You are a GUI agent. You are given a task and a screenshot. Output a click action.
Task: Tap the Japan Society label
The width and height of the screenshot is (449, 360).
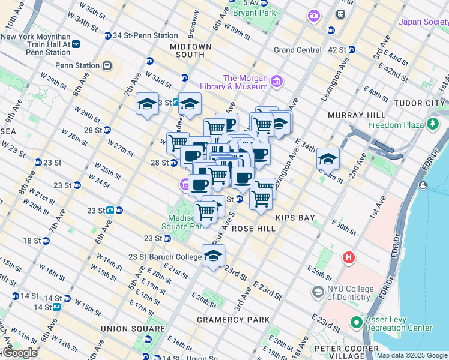[x=424, y=22]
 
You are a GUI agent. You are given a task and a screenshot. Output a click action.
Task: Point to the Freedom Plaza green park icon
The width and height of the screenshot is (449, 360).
[x=432, y=125]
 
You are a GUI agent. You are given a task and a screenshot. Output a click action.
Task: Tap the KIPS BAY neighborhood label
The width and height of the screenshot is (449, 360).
[x=294, y=217]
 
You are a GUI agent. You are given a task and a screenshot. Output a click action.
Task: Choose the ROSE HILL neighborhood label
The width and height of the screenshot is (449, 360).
[x=253, y=229]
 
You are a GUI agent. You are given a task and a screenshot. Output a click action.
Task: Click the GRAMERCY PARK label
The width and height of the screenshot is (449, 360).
[x=234, y=320]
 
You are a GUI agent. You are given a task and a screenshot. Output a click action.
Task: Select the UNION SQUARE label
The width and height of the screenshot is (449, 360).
[x=133, y=329]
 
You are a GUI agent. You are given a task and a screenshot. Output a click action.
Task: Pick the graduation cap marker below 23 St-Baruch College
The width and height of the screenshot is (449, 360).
[x=213, y=256]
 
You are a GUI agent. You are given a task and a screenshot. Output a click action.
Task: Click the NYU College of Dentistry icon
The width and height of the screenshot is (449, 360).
[x=318, y=292]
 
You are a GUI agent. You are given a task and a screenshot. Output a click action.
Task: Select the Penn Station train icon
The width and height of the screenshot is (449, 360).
[x=107, y=65]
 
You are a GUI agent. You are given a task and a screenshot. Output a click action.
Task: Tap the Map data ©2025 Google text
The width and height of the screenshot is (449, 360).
[x=412, y=355]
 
